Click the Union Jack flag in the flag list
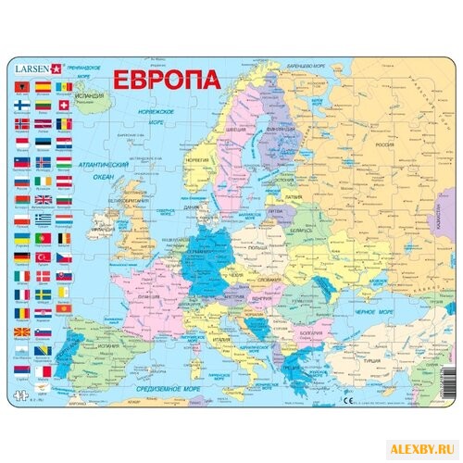42,199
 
